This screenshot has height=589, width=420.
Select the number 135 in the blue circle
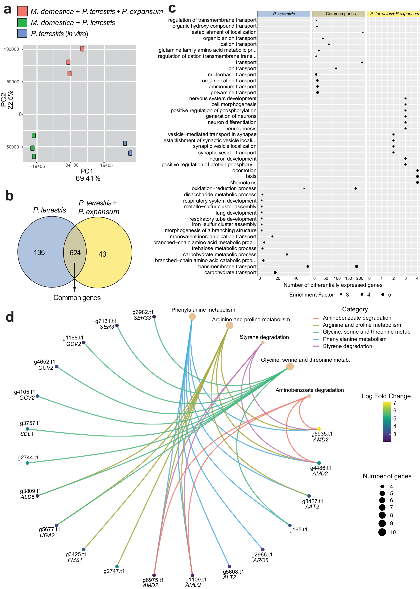click(x=39, y=252)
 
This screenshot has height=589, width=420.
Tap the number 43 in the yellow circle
click(x=102, y=254)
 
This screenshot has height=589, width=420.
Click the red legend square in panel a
click(x=22, y=11)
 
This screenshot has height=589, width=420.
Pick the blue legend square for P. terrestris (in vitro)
click(x=22, y=34)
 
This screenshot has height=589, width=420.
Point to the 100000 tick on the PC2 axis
click(x=12, y=49)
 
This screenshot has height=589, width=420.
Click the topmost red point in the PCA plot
click(x=82, y=49)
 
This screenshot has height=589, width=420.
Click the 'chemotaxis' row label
click(x=243, y=182)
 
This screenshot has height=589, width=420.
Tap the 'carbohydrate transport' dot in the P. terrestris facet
click(x=275, y=272)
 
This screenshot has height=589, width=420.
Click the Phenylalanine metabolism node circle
click(x=192, y=316)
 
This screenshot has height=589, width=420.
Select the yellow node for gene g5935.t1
click(x=319, y=429)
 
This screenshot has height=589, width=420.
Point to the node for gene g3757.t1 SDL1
click(x=27, y=429)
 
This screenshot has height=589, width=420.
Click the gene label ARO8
click(x=260, y=560)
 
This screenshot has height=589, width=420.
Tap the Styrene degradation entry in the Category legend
click(x=347, y=346)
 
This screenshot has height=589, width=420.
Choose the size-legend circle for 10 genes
click(x=382, y=532)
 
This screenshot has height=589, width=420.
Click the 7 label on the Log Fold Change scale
click(x=395, y=403)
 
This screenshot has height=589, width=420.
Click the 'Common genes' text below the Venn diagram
click(x=77, y=297)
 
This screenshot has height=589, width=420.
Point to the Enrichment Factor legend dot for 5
click(x=382, y=294)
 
